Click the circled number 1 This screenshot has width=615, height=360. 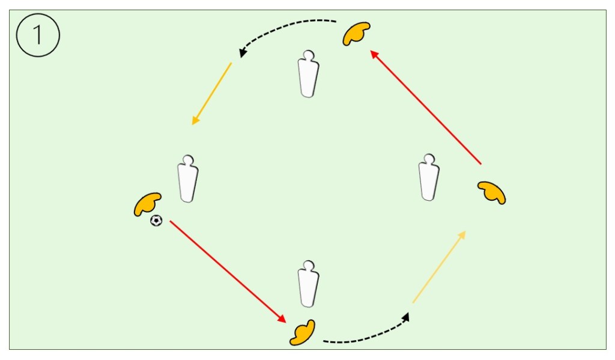37,35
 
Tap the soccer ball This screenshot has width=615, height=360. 156,221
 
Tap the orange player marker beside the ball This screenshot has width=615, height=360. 147,204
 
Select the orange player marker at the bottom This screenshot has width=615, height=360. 303,333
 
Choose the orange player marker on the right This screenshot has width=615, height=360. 492,192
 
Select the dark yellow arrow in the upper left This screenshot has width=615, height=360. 211,94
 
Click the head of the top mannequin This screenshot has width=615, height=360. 309,56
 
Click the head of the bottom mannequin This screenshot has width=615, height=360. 309,265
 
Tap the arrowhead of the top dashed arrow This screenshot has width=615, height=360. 242,53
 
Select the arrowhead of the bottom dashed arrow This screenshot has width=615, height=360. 407,316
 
